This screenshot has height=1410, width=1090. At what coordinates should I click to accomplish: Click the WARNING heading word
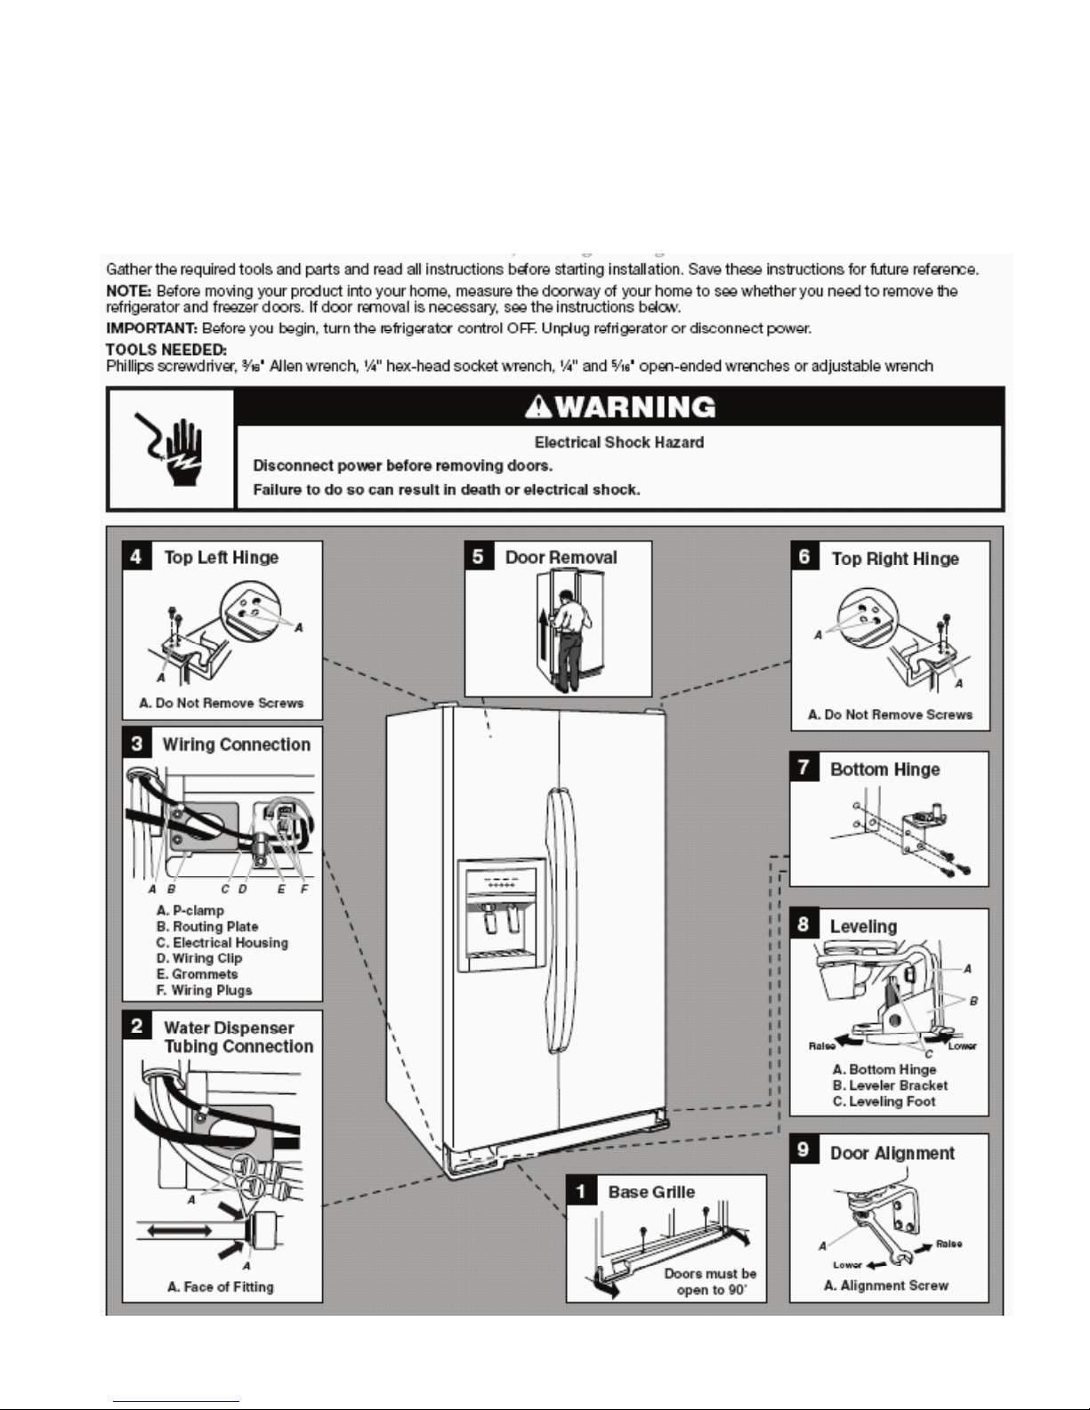tap(632, 407)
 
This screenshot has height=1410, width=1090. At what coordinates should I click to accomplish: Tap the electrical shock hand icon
tap(172, 447)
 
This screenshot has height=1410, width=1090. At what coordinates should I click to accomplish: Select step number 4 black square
tap(136, 556)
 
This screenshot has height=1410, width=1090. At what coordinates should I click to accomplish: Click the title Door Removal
tap(561, 558)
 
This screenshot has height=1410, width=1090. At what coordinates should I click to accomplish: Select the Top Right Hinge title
tap(894, 559)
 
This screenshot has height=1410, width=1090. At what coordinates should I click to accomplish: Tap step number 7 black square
tap(804, 768)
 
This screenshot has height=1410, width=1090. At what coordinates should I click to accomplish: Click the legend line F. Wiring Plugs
tap(205, 990)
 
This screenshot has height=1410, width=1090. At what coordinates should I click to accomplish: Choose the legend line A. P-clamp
tap(190, 910)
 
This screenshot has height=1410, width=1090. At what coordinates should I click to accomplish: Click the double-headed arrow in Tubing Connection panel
tap(174, 1231)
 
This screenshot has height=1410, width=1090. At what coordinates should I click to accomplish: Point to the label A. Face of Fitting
tap(221, 1286)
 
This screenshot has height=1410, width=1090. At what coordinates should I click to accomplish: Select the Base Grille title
tap(651, 1192)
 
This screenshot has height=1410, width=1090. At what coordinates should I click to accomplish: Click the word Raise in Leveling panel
tap(821, 1045)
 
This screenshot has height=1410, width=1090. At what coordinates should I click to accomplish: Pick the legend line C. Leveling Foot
tap(884, 1101)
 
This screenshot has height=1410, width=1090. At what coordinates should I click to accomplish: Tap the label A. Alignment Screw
tap(886, 1285)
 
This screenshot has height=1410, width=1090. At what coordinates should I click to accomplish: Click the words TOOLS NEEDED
tap(166, 349)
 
